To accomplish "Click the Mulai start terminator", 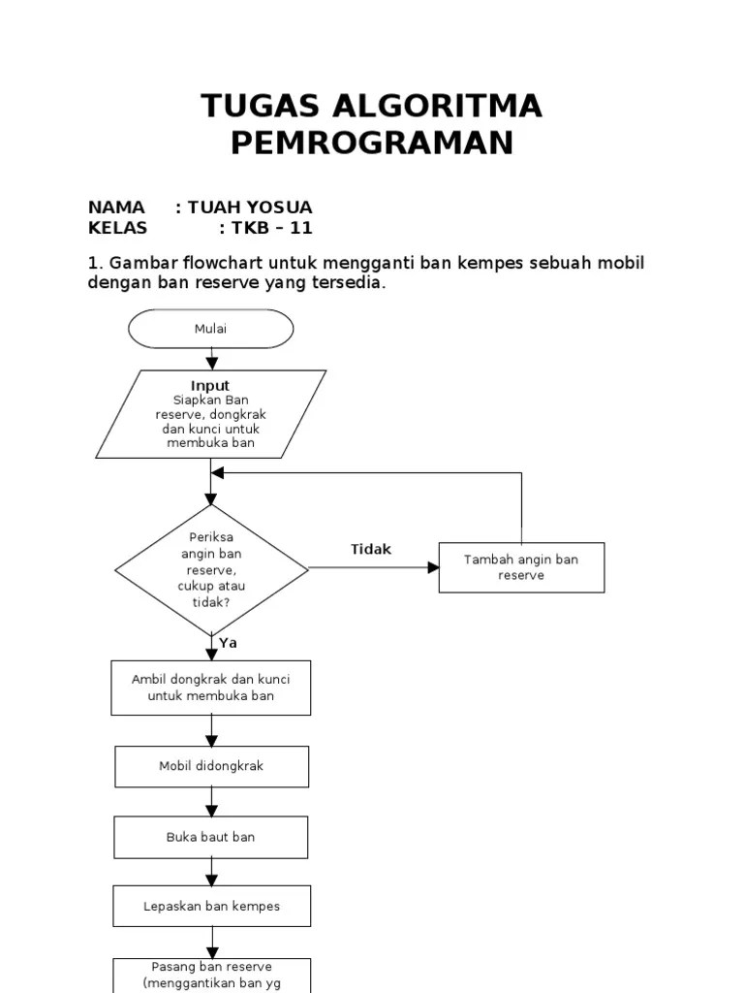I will pyautogui.click(x=210, y=329).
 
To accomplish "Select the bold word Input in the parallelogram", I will pyautogui.click(x=210, y=386).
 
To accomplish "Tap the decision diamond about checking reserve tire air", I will pyautogui.click(x=211, y=568).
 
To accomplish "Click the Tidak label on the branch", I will pyautogui.click(x=371, y=550).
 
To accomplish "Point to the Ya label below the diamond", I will pyautogui.click(x=228, y=643).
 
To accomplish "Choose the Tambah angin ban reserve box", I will pyautogui.click(x=521, y=567).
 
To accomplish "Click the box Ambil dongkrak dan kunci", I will pyautogui.click(x=211, y=688).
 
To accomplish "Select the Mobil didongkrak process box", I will pyautogui.click(x=211, y=766).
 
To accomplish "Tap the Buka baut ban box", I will pyautogui.click(x=211, y=837).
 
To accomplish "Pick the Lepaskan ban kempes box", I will pyautogui.click(x=211, y=907).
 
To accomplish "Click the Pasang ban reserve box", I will pyautogui.click(x=211, y=974).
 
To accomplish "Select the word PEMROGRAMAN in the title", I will pyautogui.click(x=371, y=144).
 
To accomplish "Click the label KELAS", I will pyautogui.click(x=117, y=229).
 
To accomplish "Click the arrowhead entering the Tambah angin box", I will pyautogui.click(x=433, y=567).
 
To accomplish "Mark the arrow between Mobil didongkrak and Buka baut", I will pyautogui.click(x=211, y=802).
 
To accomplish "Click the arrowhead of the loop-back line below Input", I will pyautogui.click(x=218, y=473).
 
